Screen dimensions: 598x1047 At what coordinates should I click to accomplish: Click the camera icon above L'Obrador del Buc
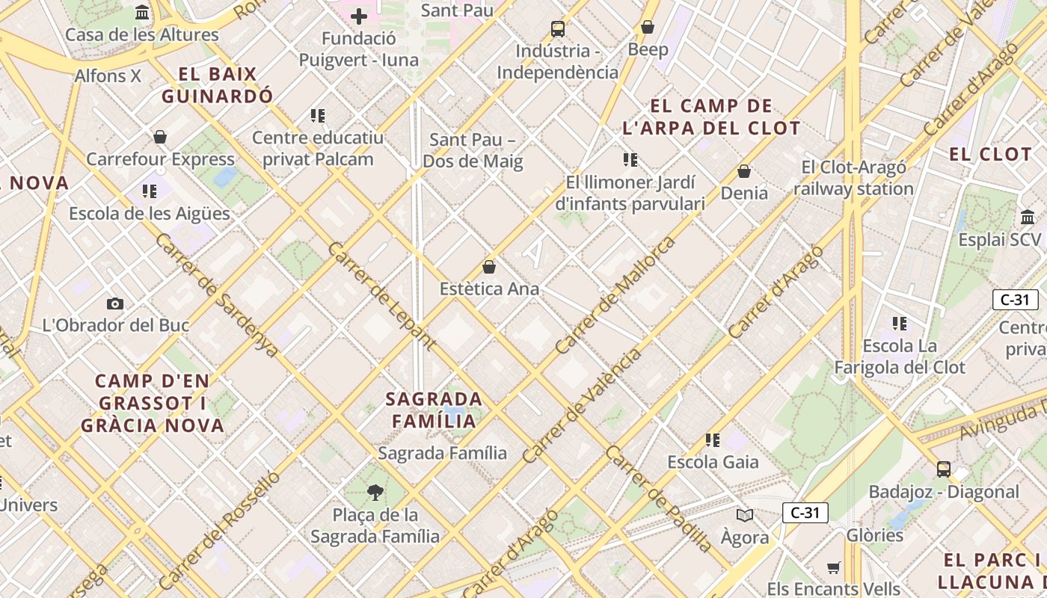click(114, 303)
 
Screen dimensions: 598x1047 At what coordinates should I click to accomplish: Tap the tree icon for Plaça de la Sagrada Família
click(375, 492)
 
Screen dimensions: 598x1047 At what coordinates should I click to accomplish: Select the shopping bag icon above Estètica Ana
click(489, 267)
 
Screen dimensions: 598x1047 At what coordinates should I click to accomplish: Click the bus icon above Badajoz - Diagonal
click(944, 469)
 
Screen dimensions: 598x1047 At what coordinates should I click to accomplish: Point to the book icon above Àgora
click(744, 515)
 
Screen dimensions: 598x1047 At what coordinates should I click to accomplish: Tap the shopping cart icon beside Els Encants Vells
click(834, 567)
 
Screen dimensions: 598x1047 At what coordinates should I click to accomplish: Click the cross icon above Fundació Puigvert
click(359, 16)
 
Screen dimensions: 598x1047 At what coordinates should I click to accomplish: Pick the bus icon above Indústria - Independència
click(558, 29)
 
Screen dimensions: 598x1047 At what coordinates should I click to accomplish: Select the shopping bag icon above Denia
click(744, 171)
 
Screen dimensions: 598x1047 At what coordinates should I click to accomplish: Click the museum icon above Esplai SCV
click(1028, 218)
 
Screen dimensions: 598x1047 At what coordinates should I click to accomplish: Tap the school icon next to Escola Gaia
click(713, 440)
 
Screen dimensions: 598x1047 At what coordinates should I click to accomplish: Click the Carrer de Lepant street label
click(381, 296)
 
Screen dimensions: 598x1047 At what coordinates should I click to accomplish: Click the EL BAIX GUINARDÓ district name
click(218, 85)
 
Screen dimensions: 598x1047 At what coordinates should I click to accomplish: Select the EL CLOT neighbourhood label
click(990, 155)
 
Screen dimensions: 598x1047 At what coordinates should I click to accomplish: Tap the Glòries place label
click(874, 535)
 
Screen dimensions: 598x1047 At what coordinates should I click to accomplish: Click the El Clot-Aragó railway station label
click(853, 178)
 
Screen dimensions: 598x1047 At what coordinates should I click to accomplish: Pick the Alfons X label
click(108, 75)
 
